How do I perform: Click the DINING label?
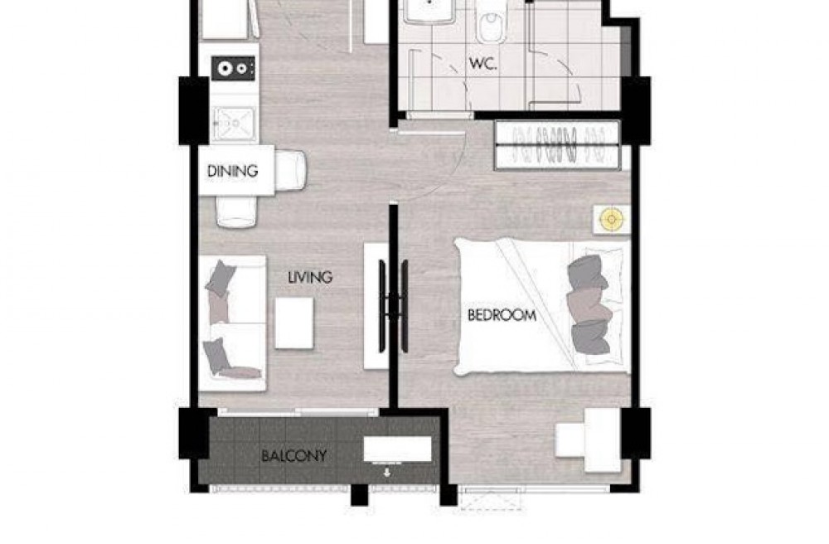coord(232,172)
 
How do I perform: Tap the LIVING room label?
coord(310,277)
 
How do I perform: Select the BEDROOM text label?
coord(502,316)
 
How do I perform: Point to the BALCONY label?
coord(294,456)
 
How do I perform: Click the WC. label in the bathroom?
coord(482,64)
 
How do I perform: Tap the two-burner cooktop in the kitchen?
coord(233,68)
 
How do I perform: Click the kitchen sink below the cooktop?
coord(235,124)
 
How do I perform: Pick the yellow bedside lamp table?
coord(612,219)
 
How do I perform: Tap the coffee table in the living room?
coord(294,323)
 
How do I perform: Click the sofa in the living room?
coord(232,323)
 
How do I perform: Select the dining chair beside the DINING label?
coord(289,172)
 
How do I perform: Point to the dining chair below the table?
coord(237,211)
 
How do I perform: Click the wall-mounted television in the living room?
coord(393,306)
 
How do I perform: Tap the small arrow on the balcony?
coord(387,472)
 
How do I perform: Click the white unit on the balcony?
coord(398,449)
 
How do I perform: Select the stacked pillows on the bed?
coord(589,305)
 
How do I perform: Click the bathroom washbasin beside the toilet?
coord(429,11)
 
